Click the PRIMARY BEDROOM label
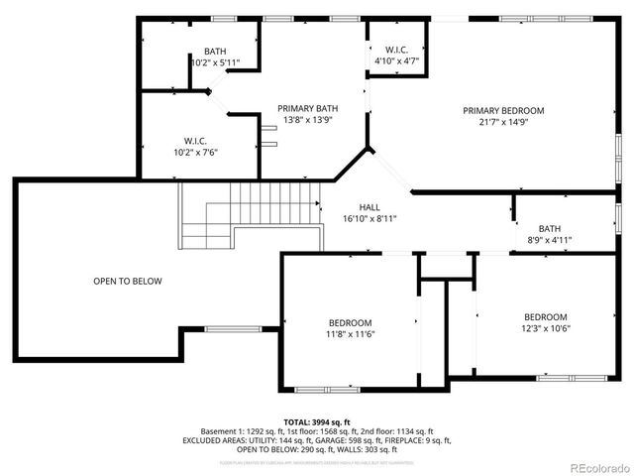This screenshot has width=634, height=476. click(503, 110)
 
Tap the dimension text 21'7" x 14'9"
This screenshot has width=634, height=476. click(503, 123)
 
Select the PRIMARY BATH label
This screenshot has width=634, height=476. click(306, 108)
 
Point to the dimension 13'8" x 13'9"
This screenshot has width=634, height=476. click(306, 120)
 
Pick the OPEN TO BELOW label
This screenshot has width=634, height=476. click(127, 281)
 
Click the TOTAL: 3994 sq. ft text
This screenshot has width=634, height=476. click(317, 421)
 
